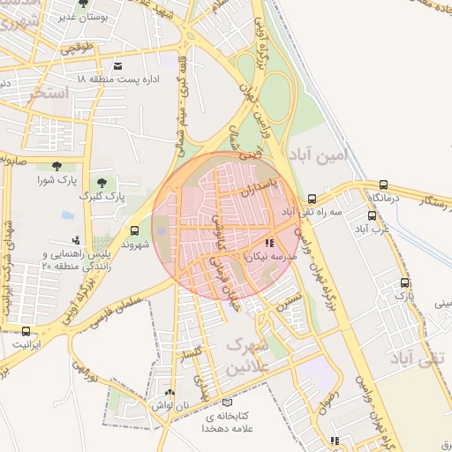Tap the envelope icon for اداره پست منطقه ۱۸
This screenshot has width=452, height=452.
tap(118, 66)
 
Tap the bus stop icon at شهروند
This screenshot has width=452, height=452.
tap(134, 231)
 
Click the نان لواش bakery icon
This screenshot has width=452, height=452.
tap(170, 392)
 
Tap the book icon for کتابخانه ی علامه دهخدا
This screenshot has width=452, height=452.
tap(228, 402)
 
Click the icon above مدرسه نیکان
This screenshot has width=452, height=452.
tap(269, 242)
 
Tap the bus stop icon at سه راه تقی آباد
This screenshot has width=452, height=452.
tap(313, 199)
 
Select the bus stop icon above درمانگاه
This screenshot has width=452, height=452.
tap(383, 185)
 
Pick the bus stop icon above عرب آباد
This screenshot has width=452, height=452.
tap(371, 215)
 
